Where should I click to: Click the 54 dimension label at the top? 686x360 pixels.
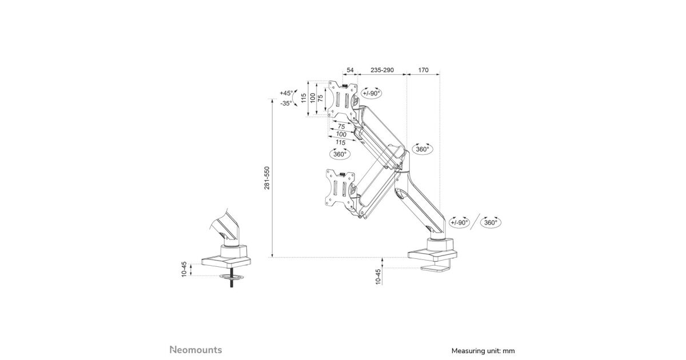click(350, 70)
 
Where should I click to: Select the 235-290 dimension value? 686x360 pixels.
click(382, 70)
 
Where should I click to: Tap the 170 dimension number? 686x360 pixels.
click(423, 70)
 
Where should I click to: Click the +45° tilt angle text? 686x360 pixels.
click(286, 93)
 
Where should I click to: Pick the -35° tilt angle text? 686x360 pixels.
click(286, 103)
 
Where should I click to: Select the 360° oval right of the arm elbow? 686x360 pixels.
click(422, 149)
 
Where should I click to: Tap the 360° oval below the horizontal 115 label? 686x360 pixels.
click(340, 154)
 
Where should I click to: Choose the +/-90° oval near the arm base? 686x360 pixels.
click(459, 222)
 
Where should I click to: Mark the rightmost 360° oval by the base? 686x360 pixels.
click(490, 222)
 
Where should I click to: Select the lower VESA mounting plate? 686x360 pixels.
click(339, 187)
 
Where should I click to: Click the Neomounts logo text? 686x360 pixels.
click(196, 350)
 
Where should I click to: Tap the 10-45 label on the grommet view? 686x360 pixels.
click(184, 269)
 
